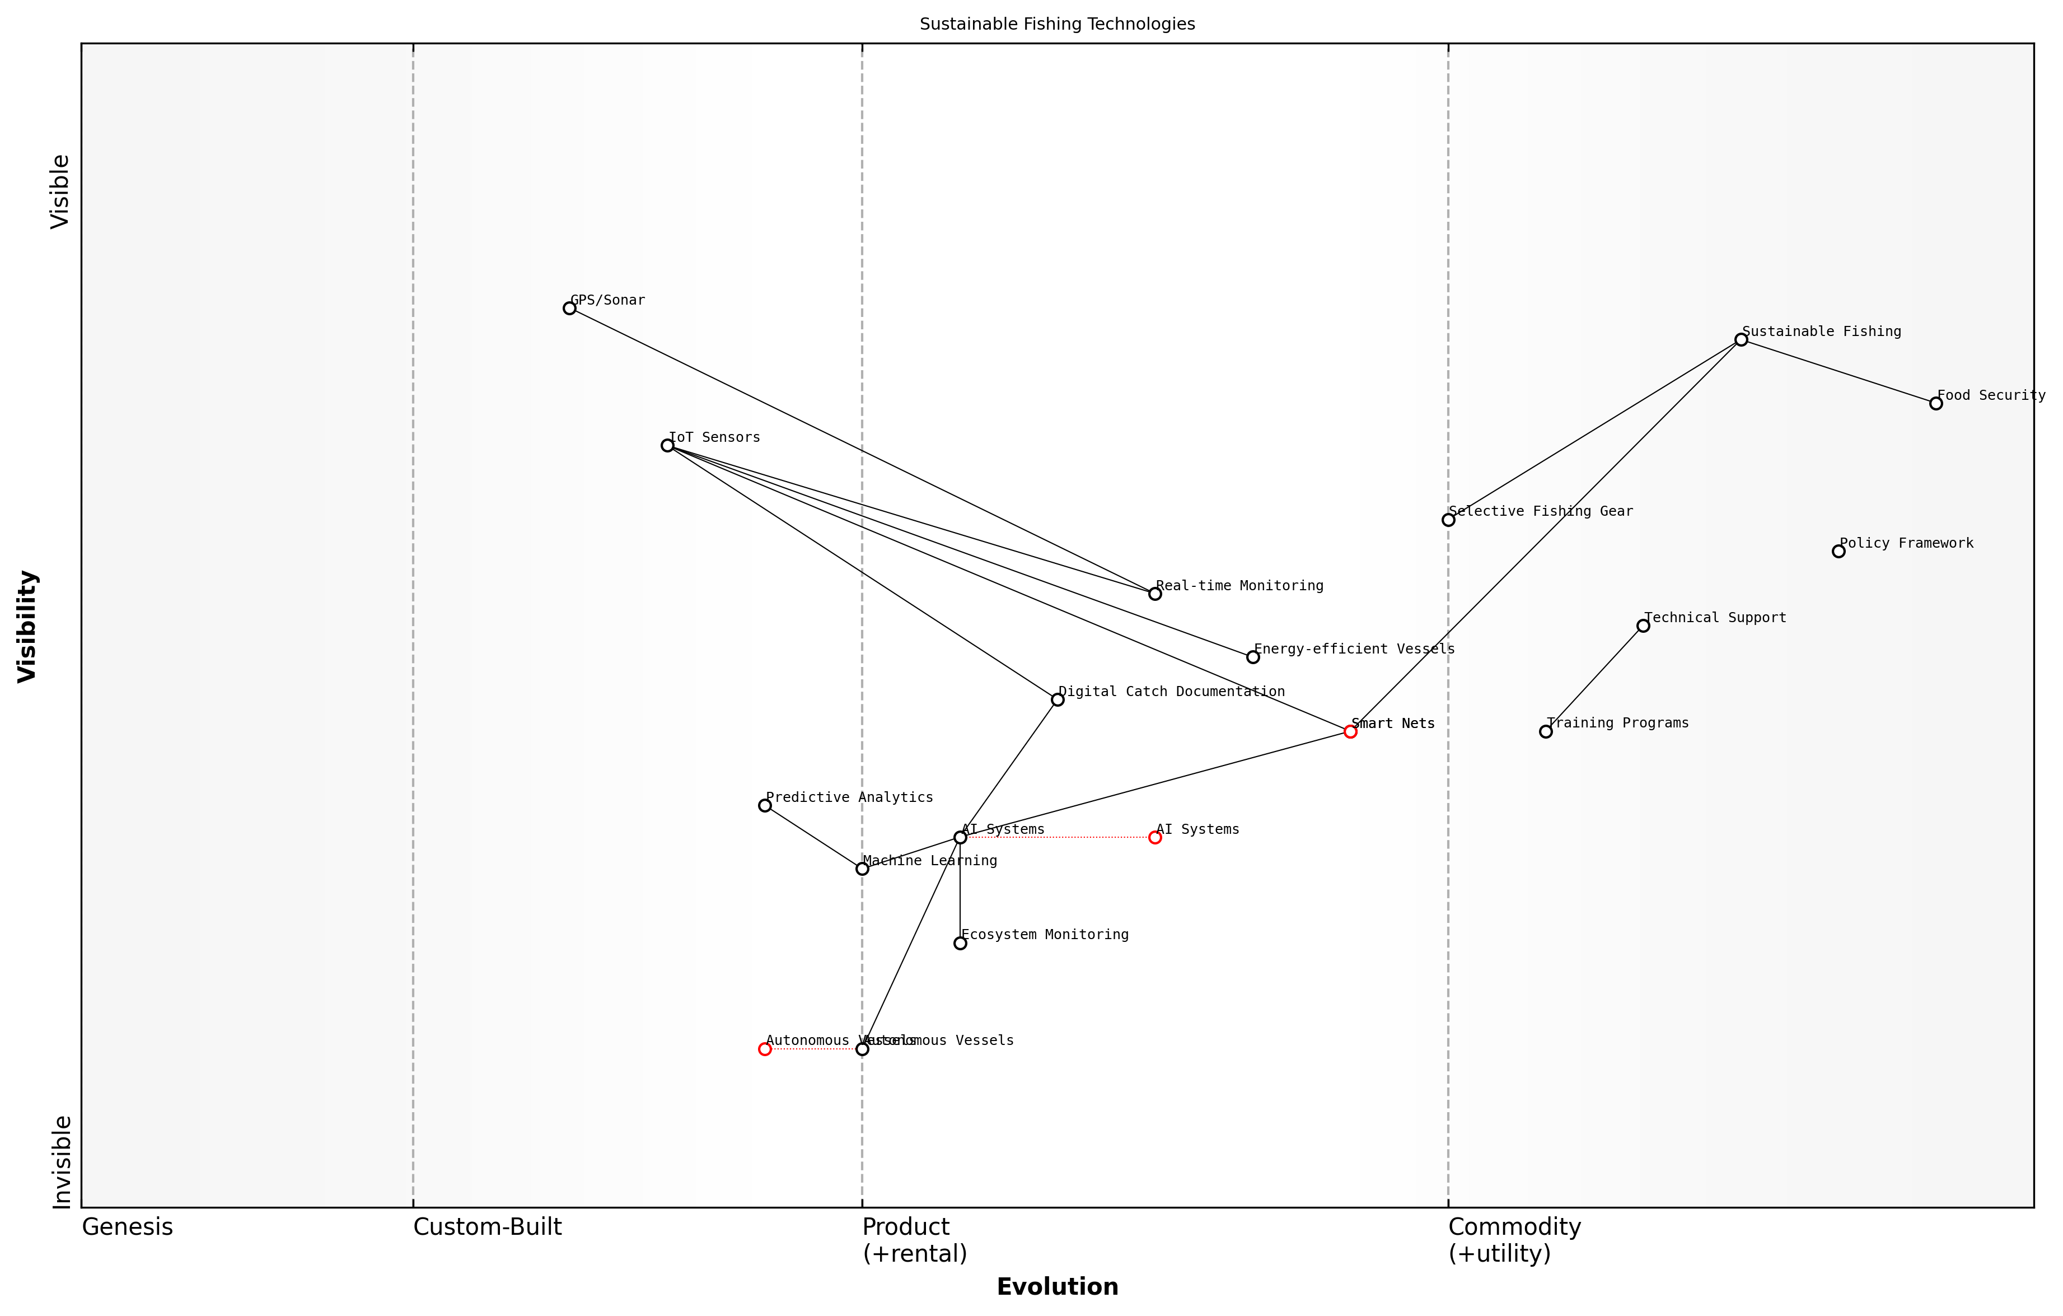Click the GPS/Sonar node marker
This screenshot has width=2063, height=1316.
(570, 309)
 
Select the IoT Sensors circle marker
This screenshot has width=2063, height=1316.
(667, 446)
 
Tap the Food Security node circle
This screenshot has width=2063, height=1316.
(1936, 404)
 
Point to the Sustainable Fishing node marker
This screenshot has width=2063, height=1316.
(1741, 340)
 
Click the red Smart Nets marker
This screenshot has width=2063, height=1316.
(1350, 732)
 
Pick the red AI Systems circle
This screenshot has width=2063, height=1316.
(1155, 838)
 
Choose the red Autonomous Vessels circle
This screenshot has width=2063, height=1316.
(765, 1049)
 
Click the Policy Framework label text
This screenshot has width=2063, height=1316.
(1906, 543)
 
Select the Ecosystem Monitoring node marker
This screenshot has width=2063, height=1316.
(960, 943)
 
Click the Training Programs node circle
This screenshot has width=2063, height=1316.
(1546, 732)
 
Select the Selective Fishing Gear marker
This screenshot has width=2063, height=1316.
(1448, 520)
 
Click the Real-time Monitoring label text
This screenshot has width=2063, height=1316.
(1239, 586)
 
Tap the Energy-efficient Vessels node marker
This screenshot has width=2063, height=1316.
(1252, 657)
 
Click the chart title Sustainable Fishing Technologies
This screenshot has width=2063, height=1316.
(1057, 24)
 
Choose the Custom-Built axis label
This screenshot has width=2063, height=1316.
(488, 1227)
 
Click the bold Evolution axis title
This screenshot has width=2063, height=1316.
(1057, 1287)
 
